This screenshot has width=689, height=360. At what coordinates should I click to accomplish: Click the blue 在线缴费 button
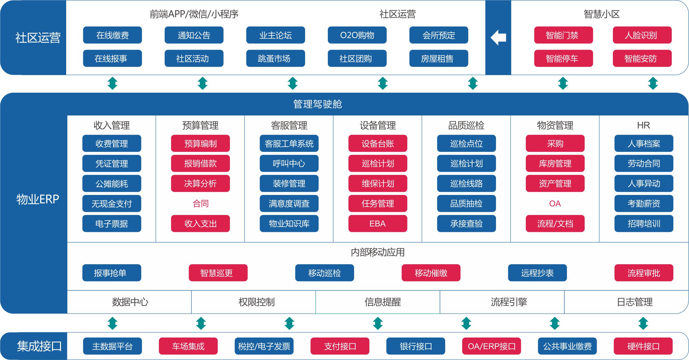pos(112,35)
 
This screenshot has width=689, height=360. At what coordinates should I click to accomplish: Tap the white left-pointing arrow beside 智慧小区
pos(498,38)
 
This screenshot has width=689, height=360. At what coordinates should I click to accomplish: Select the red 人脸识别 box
pos(642,35)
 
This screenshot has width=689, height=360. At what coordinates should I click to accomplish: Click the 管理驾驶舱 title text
pos(317,104)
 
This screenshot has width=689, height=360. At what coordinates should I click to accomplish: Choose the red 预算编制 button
pos(200,144)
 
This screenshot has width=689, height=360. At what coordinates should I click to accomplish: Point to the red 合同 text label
pos(200,204)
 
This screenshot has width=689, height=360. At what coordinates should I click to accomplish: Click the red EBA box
pos(377,224)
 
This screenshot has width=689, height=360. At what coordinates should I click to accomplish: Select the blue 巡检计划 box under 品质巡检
pos(466,164)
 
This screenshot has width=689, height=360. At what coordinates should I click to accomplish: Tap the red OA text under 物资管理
pos(555,204)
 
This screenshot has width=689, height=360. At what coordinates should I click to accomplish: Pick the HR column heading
pos(643,125)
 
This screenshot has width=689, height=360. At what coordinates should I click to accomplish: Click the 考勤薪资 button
pos(643,204)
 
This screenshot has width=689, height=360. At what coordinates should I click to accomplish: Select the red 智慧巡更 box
pos(218,273)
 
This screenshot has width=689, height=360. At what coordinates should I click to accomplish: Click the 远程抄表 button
pos(537,273)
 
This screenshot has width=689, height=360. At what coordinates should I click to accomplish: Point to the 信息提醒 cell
pos(382,302)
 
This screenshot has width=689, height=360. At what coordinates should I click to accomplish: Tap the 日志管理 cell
pos(635,302)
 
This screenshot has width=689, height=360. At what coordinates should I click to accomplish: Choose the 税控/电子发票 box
pos(264,346)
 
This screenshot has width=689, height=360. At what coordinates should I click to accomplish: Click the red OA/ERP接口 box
pos(491,346)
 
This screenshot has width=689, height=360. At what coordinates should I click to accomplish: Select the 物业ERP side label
pos(38,199)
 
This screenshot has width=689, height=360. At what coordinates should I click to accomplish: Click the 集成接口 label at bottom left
pos(39,346)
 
